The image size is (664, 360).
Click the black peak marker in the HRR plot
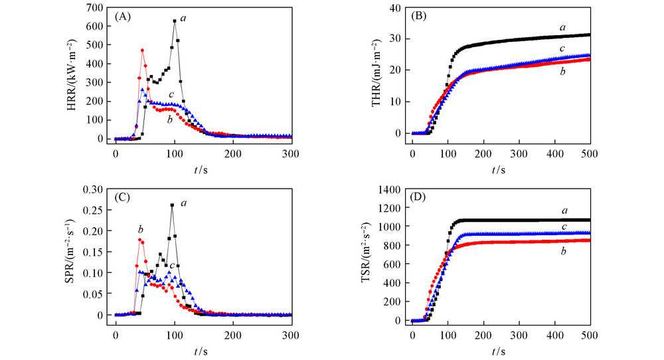(x=175, y=21)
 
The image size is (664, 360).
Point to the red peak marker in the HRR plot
(x=143, y=50)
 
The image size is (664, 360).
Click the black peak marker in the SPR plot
(x=173, y=205)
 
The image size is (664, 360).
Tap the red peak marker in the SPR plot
(x=139, y=240)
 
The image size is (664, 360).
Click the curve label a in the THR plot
(x=562, y=27)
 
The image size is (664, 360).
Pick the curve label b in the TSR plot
(x=562, y=252)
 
